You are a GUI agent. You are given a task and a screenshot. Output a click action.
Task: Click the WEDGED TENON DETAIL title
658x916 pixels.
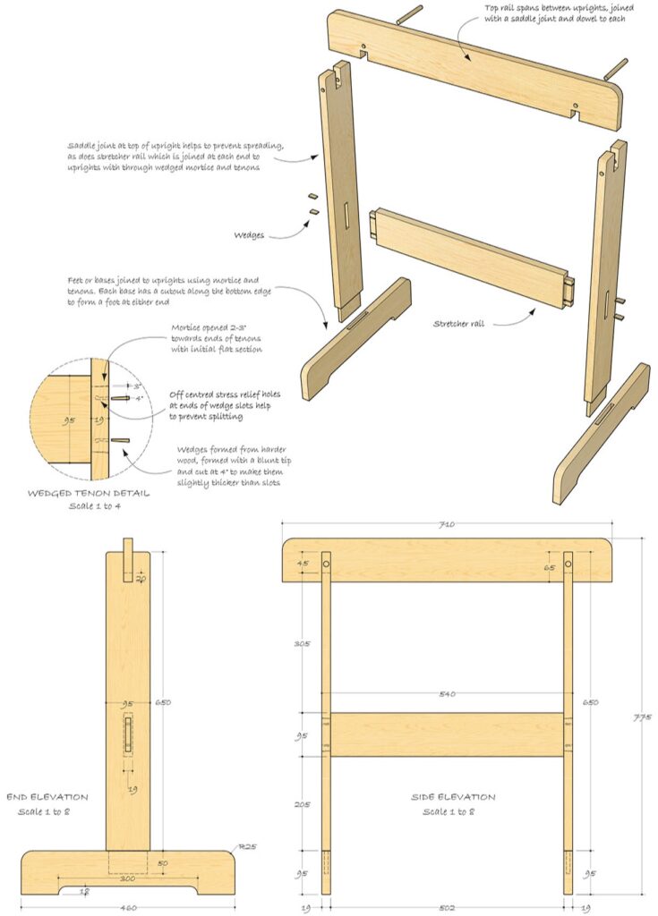(87, 492)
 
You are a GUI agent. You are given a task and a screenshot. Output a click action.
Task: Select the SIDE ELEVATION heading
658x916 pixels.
(454, 797)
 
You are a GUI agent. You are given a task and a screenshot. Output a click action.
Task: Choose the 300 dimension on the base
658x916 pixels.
(128, 878)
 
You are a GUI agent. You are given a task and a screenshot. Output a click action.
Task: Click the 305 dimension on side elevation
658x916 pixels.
(303, 642)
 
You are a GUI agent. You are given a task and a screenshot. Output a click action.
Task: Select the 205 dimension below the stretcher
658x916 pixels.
(303, 804)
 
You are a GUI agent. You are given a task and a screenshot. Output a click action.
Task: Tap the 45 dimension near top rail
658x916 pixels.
(303, 564)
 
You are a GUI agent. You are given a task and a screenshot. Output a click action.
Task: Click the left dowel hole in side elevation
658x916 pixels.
(327, 565)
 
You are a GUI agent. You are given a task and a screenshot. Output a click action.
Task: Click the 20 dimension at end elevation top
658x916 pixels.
(141, 579)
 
